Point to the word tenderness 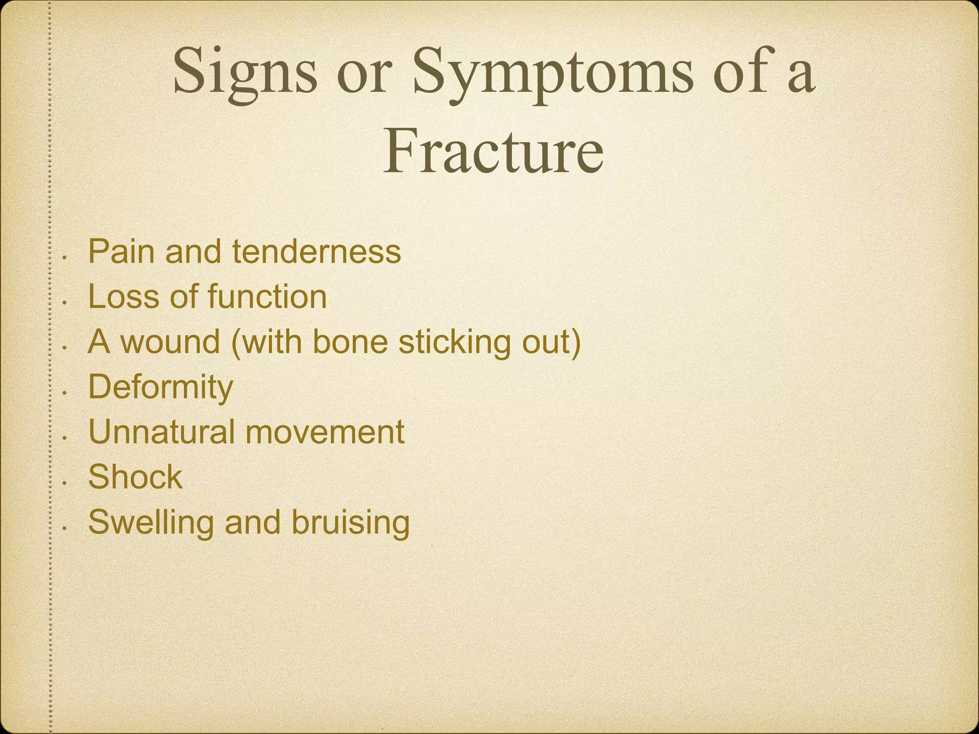[x=316, y=252]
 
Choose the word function [x=267, y=297]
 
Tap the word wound [x=170, y=342]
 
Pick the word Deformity [x=161, y=387]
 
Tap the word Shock [x=135, y=477]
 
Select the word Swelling [x=151, y=522]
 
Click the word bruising [x=350, y=522]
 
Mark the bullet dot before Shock [x=65, y=483]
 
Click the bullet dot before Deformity [x=65, y=393]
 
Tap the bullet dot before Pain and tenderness [x=65, y=258]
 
